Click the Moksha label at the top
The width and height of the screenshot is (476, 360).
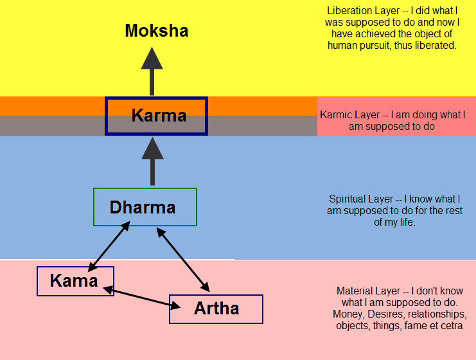pos(157,30)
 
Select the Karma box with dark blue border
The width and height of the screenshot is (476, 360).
pos(156,116)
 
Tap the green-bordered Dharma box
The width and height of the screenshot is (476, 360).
pos(145,207)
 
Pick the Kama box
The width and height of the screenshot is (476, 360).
pos(75,281)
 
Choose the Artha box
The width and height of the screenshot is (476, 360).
pos(216,309)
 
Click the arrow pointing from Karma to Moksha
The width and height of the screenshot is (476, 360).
pos(152,71)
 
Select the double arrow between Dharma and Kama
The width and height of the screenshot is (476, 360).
pos(110,246)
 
